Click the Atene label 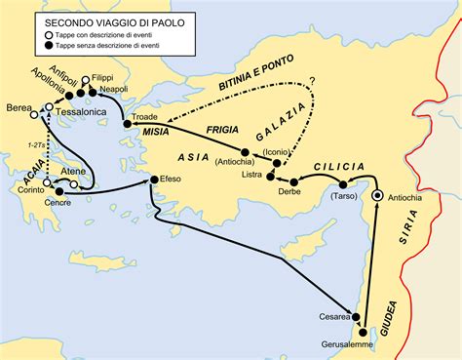pyautogui.click(x=75, y=170)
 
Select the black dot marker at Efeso pyautogui.click(x=153, y=180)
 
